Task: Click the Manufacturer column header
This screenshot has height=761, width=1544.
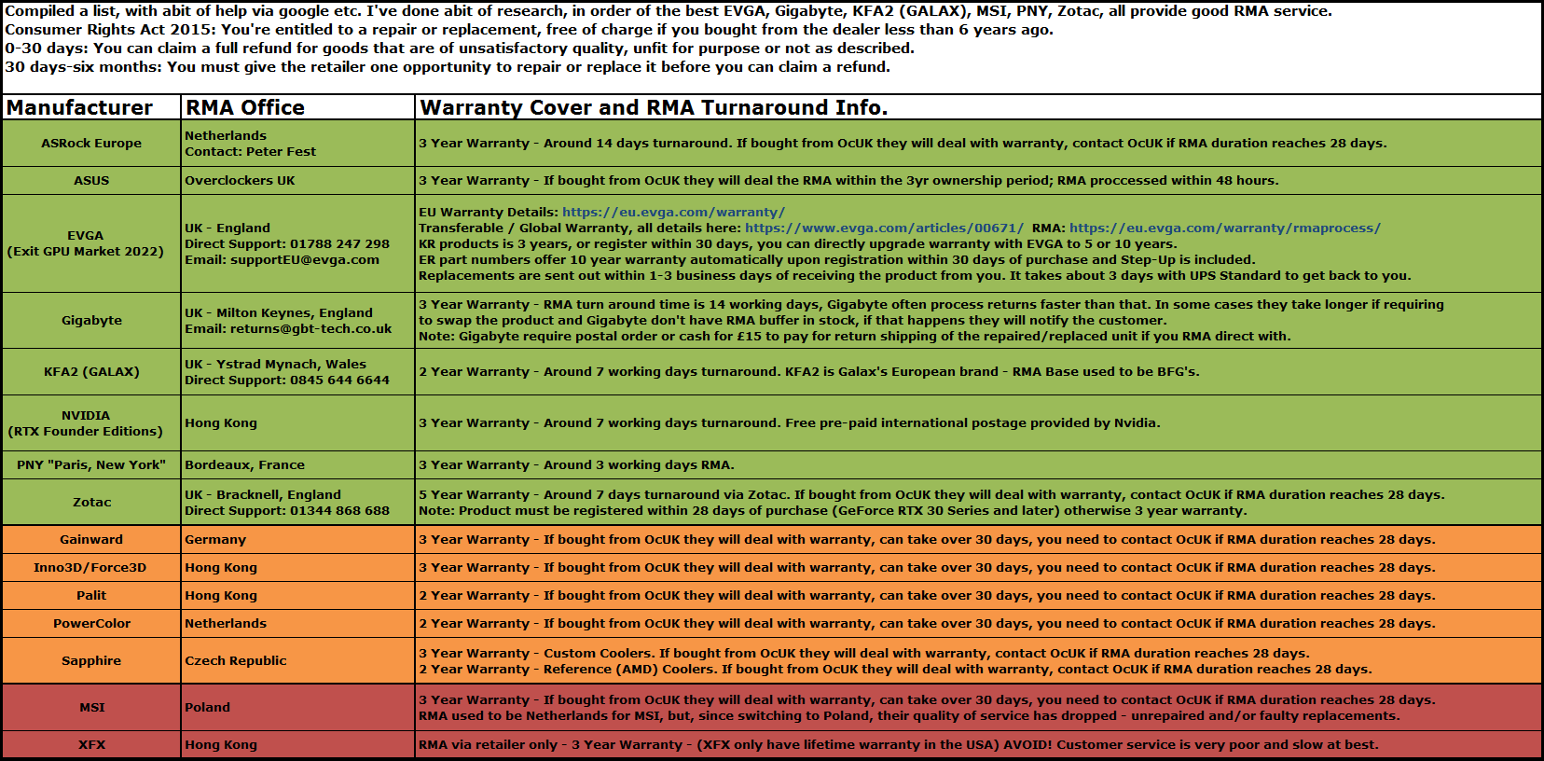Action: [x=79, y=107]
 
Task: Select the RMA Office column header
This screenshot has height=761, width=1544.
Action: [x=245, y=107]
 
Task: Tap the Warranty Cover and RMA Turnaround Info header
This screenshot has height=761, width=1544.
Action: [x=654, y=107]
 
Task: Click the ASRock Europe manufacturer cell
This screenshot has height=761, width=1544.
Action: [x=91, y=143]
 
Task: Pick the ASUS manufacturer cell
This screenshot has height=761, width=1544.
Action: [x=91, y=180]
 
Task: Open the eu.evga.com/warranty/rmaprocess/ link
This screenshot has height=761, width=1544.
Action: [x=1224, y=228]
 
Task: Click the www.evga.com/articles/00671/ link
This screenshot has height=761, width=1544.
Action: [x=884, y=228]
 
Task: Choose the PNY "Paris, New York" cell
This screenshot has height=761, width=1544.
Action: [x=91, y=464]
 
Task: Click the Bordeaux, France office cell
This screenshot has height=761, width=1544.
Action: [x=244, y=464]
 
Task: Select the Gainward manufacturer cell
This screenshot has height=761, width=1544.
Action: [x=91, y=539]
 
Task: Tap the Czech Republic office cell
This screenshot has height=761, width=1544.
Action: [x=236, y=660]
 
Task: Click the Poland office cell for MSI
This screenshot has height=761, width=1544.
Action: [x=207, y=707]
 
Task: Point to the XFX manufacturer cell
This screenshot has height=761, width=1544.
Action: [x=91, y=744]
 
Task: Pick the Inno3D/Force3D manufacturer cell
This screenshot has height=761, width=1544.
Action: [x=90, y=567]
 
